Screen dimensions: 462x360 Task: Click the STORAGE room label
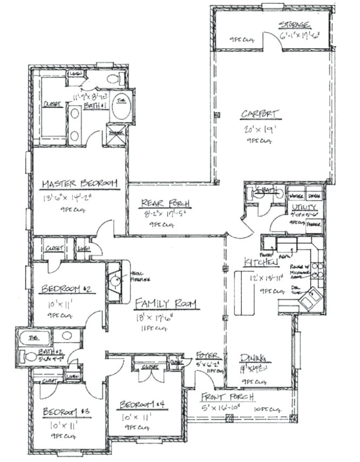tap(294, 25)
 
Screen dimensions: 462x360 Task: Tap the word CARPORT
tap(260, 114)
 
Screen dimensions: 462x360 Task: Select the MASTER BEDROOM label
tap(80, 184)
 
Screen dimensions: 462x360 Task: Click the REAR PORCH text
tap(165, 203)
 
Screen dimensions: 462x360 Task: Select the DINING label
tap(252, 357)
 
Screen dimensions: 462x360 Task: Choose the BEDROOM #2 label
tap(68, 289)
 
